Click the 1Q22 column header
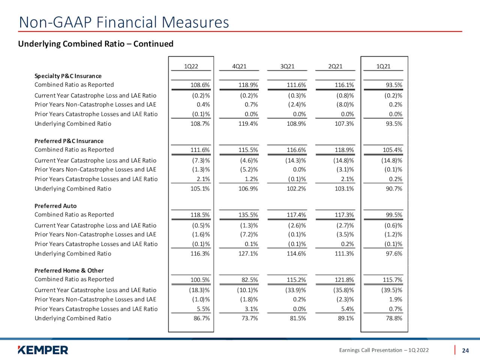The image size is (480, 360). (191, 66)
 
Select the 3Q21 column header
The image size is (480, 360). (287, 66)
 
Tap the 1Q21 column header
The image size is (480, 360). (383, 66)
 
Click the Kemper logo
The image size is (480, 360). (43, 350)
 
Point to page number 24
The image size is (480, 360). (465, 351)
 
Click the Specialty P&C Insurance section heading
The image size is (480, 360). (68, 76)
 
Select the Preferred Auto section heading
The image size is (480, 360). (55, 206)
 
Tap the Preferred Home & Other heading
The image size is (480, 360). (69, 271)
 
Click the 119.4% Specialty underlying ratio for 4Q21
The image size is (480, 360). (248, 124)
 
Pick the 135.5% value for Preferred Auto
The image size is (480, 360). (248, 215)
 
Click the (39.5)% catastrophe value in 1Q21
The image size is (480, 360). (391, 290)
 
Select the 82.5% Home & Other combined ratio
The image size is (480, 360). (249, 280)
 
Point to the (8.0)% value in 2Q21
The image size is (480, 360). (345, 105)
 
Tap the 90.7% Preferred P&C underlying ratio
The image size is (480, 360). (394, 189)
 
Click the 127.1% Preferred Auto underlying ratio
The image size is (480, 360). (248, 253)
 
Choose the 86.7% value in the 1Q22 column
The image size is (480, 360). (202, 318)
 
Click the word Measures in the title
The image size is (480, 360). (195, 22)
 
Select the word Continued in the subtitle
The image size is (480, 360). (153, 44)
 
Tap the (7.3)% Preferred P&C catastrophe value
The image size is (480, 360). (201, 160)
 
